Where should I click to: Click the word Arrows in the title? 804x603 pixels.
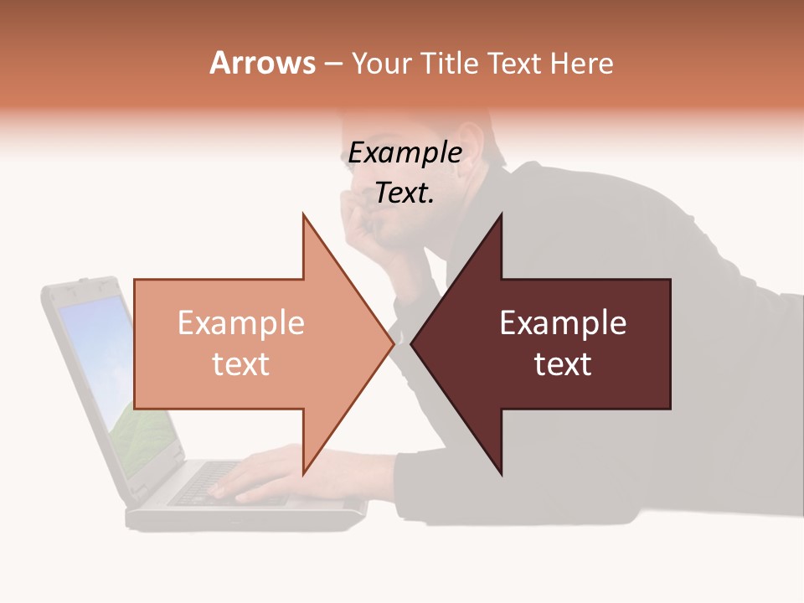(x=262, y=63)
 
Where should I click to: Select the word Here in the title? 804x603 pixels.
(x=582, y=64)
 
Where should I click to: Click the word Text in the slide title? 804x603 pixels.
(x=515, y=64)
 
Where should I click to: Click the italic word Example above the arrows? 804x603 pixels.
(x=405, y=153)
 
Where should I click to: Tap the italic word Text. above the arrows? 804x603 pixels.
(x=405, y=193)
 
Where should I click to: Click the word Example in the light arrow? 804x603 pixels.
(x=240, y=323)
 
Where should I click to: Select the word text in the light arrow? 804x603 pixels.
(x=240, y=364)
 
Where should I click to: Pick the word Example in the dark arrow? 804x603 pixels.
(x=563, y=323)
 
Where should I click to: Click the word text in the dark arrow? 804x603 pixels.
(x=563, y=364)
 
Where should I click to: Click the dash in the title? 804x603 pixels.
(x=332, y=64)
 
